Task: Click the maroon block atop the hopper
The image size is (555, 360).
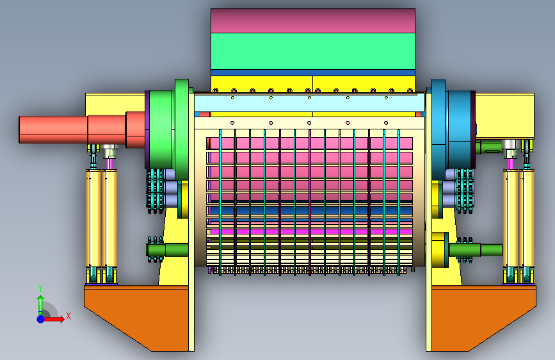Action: [313, 21]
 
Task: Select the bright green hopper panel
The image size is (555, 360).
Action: [313, 51]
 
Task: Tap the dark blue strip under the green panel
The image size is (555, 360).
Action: [313, 72]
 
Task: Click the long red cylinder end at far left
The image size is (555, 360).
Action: [53, 129]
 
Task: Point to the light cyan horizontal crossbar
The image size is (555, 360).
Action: [309, 102]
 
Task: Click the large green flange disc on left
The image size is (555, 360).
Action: [182, 129]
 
